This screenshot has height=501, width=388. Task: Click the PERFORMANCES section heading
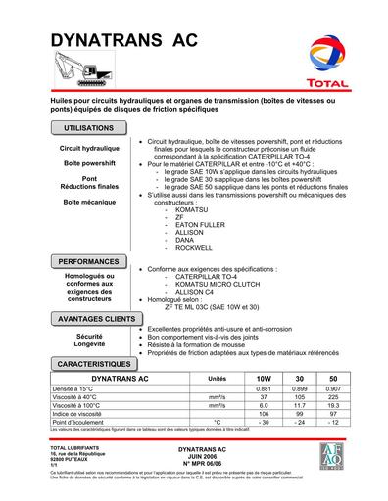click(90, 262)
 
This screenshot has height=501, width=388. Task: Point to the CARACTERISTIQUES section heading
click(98, 362)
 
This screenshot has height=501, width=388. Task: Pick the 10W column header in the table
click(263, 378)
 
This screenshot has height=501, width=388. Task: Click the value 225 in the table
click(333, 397)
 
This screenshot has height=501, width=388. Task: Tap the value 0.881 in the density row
click(263, 388)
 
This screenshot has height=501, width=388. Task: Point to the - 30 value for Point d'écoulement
click(263, 424)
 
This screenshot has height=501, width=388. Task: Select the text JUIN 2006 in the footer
click(193, 456)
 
